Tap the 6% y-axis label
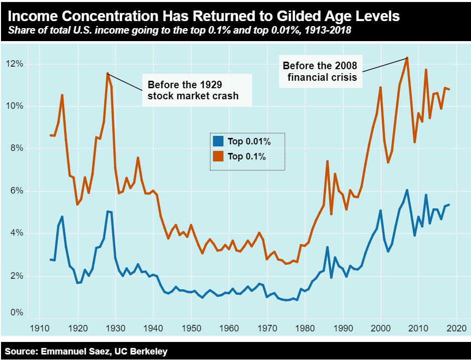(15, 191)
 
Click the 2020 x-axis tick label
(456, 329)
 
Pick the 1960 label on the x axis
(229, 329)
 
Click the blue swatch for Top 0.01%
(218, 141)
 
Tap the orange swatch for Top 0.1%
(218, 156)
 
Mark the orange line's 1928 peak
(108, 73)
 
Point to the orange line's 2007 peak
(407, 58)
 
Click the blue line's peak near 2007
(407, 190)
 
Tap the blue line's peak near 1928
(108, 212)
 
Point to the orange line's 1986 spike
(327, 161)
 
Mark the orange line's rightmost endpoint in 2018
(448, 89)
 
